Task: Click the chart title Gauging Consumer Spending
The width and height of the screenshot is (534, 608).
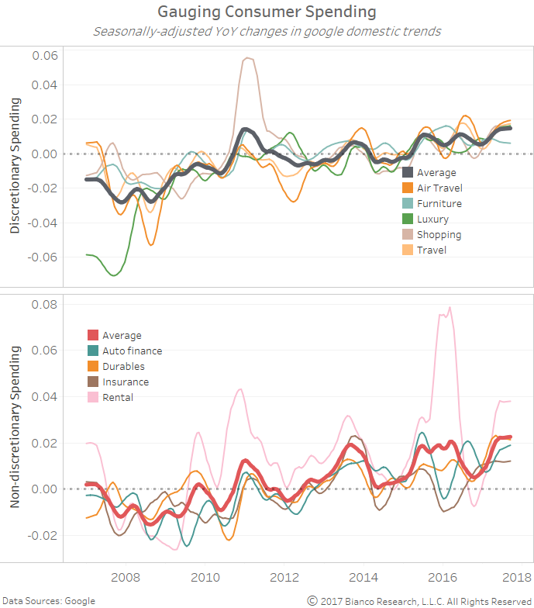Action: (267, 12)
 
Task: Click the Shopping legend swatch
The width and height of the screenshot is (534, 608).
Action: (408, 235)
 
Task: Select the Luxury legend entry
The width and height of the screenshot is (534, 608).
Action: (432, 219)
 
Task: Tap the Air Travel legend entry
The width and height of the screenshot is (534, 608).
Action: (439, 188)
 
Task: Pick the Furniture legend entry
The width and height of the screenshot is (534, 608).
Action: (439, 204)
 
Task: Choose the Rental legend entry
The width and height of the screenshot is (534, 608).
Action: (118, 398)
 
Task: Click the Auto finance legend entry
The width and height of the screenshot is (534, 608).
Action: (132, 351)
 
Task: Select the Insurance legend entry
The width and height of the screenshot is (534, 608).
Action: (125, 382)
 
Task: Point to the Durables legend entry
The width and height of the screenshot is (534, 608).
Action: (123, 367)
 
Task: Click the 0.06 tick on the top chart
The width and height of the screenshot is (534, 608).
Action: (45, 56)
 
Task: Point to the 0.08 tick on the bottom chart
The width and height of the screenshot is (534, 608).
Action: (45, 304)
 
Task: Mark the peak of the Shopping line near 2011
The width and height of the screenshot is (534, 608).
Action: (248, 57)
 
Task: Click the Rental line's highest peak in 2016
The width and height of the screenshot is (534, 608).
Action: (450, 307)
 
